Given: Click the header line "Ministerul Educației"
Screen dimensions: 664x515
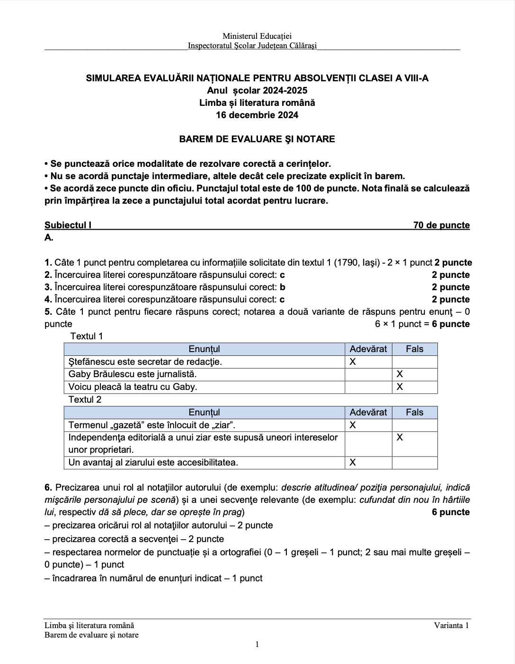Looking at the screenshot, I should [x=257, y=36].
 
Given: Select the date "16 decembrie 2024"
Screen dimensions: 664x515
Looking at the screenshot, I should [x=257, y=115].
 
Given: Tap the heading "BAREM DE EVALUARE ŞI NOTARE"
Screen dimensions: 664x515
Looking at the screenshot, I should [x=257, y=139].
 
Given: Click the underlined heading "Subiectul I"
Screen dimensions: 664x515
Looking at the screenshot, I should [x=68, y=225].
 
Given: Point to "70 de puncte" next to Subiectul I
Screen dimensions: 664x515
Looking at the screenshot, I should [x=441, y=225].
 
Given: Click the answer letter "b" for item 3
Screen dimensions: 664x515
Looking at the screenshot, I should [x=283, y=287].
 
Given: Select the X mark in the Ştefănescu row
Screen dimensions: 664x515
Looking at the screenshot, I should [x=353, y=362].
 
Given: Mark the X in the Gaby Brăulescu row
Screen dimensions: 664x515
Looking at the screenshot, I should [x=400, y=374].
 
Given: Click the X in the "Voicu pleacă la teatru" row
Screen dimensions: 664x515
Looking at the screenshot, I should [x=400, y=387].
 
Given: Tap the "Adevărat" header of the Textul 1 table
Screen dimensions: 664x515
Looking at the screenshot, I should [x=368, y=349].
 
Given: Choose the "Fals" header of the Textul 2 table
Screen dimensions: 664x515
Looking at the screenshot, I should [x=414, y=413].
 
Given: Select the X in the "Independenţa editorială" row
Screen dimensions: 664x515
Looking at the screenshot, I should [x=400, y=438].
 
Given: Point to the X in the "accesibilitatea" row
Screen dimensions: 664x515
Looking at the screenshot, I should [x=353, y=463].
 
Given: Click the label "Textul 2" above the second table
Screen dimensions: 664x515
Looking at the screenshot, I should [x=85, y=400].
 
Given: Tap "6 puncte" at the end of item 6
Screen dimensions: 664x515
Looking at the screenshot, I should [x=451, y=512].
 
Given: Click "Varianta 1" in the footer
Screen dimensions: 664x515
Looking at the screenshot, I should [x=452, y=626].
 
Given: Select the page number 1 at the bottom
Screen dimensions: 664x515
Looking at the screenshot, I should [x=257, y=645].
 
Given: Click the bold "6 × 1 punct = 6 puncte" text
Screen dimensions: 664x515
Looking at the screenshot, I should [x=422, y=324].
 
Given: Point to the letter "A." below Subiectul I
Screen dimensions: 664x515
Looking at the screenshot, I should [x=49, y=238].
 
